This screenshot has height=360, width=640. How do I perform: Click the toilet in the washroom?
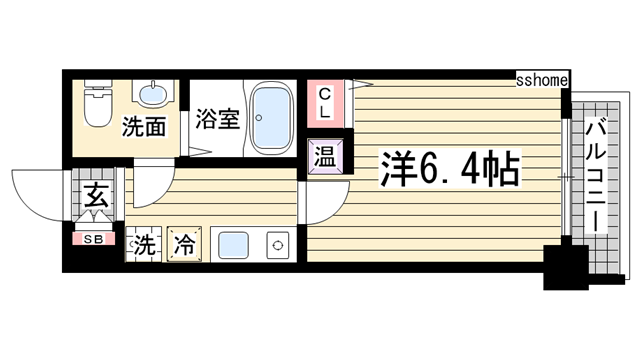pyautogui.click(x=97, y=105)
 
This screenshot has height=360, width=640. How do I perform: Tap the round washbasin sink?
pyautogui.click(x=153, y=96)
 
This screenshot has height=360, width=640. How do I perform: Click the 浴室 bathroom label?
pyautogui.click(x=217, y=118)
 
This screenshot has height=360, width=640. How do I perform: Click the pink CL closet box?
pyautogui.click(x=325, y=101)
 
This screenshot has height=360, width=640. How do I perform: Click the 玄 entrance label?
pyautogui.click(x=94, y=196)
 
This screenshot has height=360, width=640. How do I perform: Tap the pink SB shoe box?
pyautogui.click(x=93, y=239)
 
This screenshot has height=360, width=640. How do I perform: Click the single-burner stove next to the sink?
pyautogui.click(x=275, y=243)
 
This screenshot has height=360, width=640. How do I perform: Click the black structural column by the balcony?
pyautogui.click(x=564, y=264)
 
